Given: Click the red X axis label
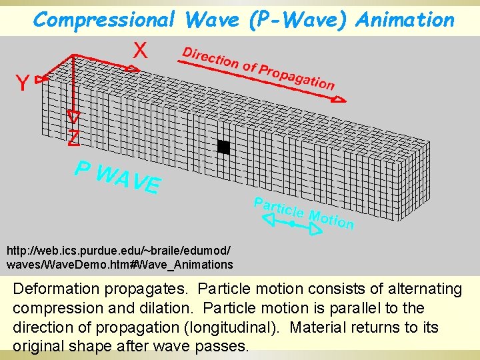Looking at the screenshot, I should [141, 49].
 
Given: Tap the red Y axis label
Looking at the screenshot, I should [22, 84].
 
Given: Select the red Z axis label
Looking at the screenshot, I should [74, 138].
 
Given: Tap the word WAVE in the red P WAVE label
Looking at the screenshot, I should [129, 178].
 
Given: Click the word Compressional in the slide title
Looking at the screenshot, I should [105, 20].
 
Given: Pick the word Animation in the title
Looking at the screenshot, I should [405, 20].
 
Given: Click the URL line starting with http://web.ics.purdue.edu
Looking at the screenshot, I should [119, 251].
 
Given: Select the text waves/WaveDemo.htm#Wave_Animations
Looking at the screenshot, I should [120, 265].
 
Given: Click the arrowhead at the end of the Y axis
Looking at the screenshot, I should [41, 79].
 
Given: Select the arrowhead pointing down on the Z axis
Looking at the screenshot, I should [74, 117].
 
